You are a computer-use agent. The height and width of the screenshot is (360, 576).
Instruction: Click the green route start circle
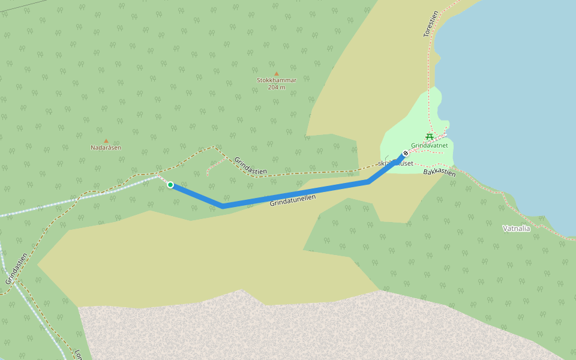(170, 185)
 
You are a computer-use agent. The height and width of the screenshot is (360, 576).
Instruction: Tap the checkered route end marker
(406, 153)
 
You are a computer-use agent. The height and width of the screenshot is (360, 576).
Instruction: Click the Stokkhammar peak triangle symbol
(277, 74)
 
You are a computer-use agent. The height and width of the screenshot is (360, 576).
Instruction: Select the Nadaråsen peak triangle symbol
(106, 141)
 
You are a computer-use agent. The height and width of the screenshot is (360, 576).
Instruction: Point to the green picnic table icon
(430, 137)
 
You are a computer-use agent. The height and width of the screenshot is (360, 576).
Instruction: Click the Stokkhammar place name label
(277, 80)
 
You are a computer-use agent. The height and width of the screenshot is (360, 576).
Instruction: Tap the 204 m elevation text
(277, 88)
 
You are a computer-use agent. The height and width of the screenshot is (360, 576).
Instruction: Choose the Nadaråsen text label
(106, 148)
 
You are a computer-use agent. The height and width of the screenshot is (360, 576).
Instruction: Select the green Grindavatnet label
(430, 145)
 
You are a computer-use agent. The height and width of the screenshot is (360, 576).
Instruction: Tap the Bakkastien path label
(439, 173)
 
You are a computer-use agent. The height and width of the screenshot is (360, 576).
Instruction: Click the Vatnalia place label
(516, 228)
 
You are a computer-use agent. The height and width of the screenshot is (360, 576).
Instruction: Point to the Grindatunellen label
(293, 200)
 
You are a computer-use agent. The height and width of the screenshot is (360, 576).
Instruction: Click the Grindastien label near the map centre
(251, 166)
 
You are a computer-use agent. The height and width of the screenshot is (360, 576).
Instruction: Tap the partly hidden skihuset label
(396, 163)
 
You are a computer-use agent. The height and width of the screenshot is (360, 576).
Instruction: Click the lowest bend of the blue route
(223, 206)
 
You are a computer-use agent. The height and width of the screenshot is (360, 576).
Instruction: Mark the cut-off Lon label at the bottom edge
(79, 355)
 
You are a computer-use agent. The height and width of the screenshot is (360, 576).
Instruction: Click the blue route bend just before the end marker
(368, 181)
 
